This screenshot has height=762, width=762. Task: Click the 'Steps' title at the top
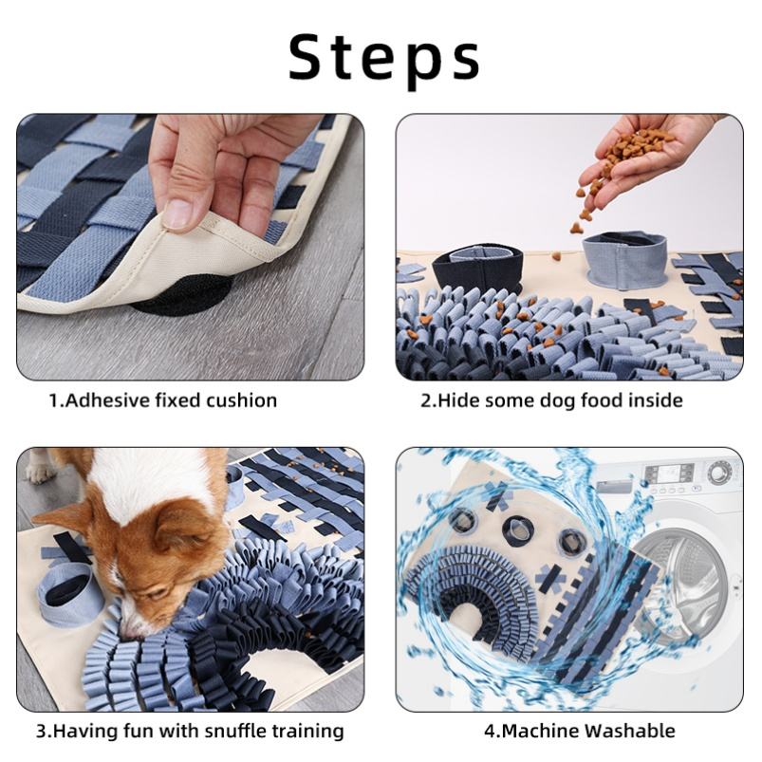384,59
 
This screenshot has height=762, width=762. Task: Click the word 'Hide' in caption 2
458,400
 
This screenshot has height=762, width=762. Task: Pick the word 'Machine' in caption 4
538,731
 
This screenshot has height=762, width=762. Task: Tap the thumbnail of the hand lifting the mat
191,247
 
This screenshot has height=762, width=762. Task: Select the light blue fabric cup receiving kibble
625,260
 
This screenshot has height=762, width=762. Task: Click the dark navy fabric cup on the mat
477,269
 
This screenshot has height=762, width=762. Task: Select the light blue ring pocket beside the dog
70,594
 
